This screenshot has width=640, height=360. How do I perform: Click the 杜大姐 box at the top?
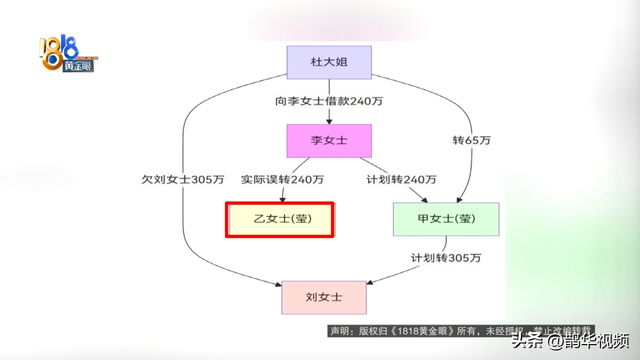click(329, 62)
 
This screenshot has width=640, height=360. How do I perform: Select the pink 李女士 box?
click(329, 141)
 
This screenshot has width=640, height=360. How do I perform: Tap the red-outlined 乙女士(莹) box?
click(279, 219)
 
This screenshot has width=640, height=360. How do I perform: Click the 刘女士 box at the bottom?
click(324, 297)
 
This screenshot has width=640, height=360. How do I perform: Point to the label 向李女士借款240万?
click(330, 101)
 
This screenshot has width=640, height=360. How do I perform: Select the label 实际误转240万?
click(282, 180)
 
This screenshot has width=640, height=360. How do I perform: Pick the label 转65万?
click(471, 141)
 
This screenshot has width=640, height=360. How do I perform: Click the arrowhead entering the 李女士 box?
click(329, 120)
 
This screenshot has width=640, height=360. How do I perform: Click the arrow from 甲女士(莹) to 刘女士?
click(400, 262)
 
